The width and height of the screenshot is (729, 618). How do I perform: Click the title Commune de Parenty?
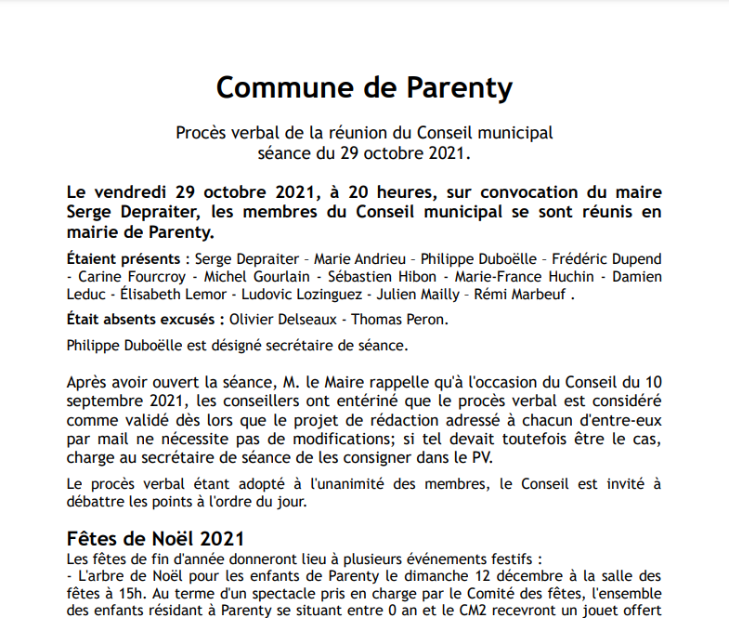[x=364, y=87]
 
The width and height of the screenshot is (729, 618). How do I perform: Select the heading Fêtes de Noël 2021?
[x=156, y=539]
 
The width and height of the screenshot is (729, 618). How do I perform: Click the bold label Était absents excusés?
[x=145, y=320]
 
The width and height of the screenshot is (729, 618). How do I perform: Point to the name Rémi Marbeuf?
[x=519, y=295]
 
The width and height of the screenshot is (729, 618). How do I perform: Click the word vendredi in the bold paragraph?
[x=132, y=192]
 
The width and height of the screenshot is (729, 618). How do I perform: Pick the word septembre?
[x=106, y=401]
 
